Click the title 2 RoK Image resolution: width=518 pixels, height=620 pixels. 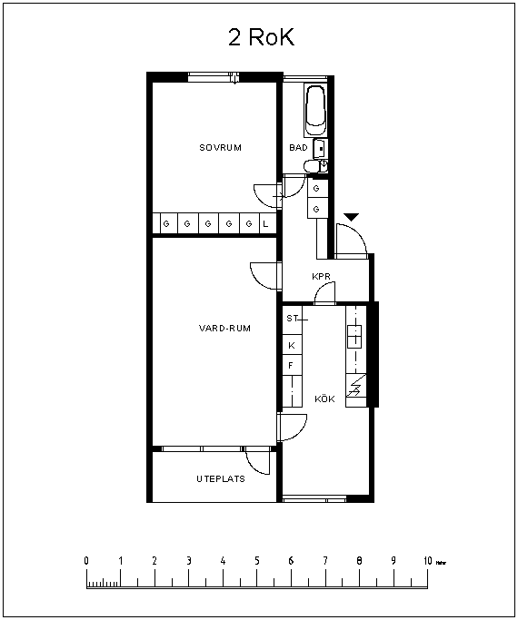point(262,37)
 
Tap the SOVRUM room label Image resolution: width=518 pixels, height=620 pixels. point(221,148)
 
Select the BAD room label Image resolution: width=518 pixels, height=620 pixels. point(298,147)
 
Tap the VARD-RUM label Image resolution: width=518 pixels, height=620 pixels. point(224,329)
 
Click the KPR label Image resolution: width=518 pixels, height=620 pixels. point(321,276)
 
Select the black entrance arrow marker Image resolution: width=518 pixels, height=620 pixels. point(352,217)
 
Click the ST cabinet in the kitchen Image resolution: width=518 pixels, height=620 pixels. point(292,320)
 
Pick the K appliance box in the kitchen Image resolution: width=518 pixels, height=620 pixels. point(292,345)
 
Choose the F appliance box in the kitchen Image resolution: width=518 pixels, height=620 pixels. point(292,365)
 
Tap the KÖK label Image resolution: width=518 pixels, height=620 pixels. point(325,399)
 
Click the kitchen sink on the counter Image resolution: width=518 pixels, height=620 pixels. point(355,336)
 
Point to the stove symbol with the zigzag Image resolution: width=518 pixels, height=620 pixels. point(355,386)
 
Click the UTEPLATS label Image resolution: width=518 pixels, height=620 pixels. point(221,478)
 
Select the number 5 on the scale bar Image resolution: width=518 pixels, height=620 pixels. point(257,561)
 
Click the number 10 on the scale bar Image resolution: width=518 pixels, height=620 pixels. point(428,561)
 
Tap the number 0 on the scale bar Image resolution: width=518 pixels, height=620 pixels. point(86,561)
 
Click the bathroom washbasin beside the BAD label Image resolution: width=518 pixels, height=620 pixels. point(320,149)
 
